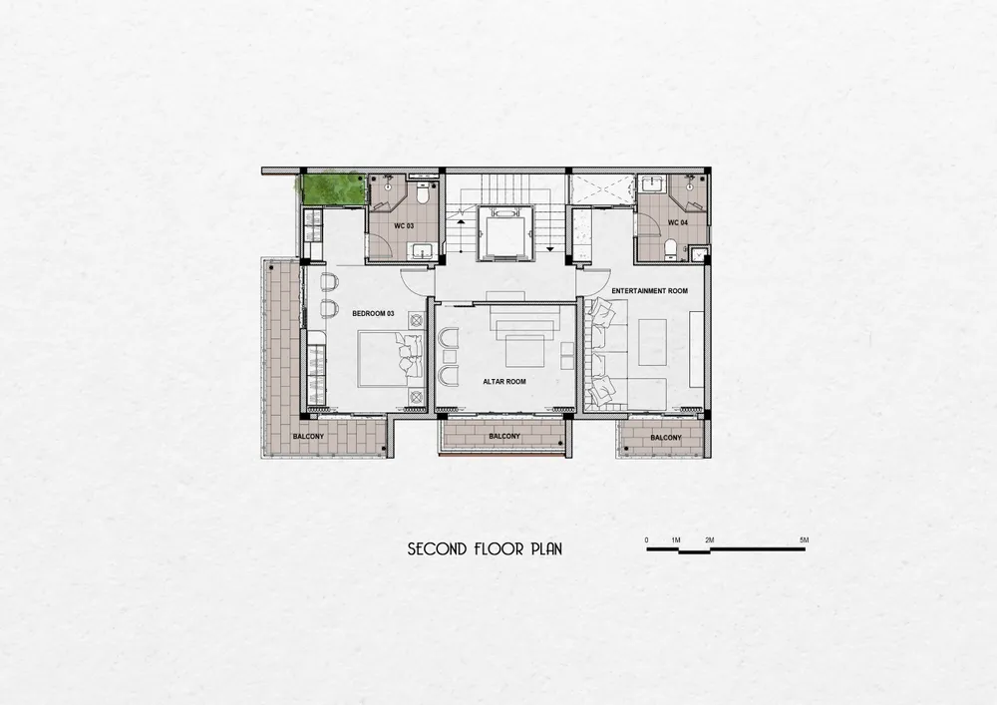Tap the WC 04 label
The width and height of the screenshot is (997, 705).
pos(677,222)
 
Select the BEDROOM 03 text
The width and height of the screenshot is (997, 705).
pos(373,313)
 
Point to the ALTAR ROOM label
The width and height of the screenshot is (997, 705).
pos(504,382)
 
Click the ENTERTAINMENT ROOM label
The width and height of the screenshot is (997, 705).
pos(649,290)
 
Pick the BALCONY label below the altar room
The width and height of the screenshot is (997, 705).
pos(504,437)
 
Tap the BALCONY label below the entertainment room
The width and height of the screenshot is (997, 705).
pos(666,438)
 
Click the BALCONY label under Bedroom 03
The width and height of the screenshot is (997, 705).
pos(308,437)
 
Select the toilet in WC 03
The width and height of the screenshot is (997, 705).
pos(422,192)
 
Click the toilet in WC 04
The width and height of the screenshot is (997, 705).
pos(670,248)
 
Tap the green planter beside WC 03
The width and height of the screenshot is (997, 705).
pos(333,188)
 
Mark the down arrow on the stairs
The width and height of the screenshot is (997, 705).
pos(549,248)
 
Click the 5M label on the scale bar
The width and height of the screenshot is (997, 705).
pos(804,539)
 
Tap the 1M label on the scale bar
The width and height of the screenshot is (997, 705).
pos(676,539)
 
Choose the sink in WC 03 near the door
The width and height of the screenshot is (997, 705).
pos(420,251)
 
